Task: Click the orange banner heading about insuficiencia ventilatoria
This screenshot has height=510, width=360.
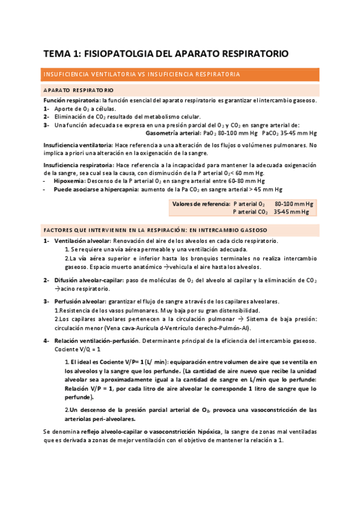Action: (142, 75)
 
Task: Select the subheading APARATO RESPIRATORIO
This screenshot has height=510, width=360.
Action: (78, 90)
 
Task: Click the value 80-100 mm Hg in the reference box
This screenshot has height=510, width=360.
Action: (293, 204)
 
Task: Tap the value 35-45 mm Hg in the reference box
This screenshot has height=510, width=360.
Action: (293, 212)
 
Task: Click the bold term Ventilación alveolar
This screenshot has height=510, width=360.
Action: (82, 241)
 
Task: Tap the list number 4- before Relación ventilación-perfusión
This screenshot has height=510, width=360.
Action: (47, 341)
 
